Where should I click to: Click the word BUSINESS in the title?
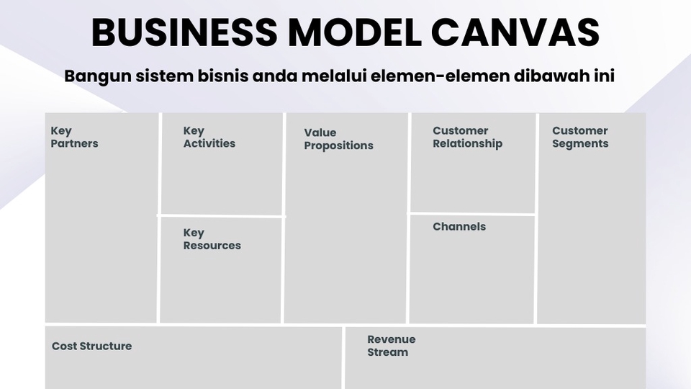(183, 32)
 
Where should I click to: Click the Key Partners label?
(74, 137)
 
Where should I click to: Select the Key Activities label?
(209, 137)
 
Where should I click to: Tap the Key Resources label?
(212, 239)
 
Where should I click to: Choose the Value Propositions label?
(338, 139)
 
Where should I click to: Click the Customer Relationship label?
(467, 137)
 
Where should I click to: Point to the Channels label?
(459, 226)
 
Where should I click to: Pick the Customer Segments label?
(579, 137)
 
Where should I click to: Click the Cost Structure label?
(91, 346)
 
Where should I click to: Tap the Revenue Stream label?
(391, 346)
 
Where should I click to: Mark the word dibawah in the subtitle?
(546, 76)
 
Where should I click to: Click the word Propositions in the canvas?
(338, 146)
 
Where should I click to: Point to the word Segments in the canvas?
(580, 143)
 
